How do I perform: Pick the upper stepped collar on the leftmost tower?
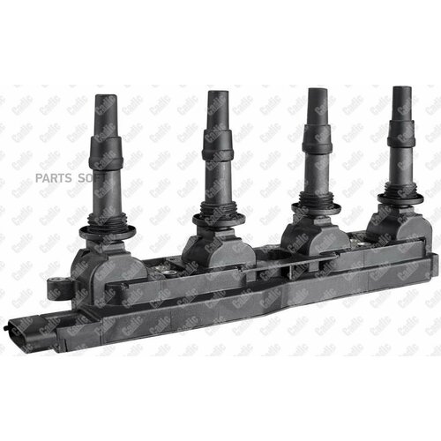tap(109, 151)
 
